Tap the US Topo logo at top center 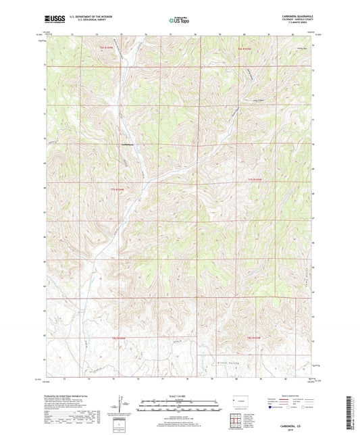coord(177,21)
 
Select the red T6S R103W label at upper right coord(245,49)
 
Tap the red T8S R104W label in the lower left coord(119,336)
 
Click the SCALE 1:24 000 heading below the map coord(178,396)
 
